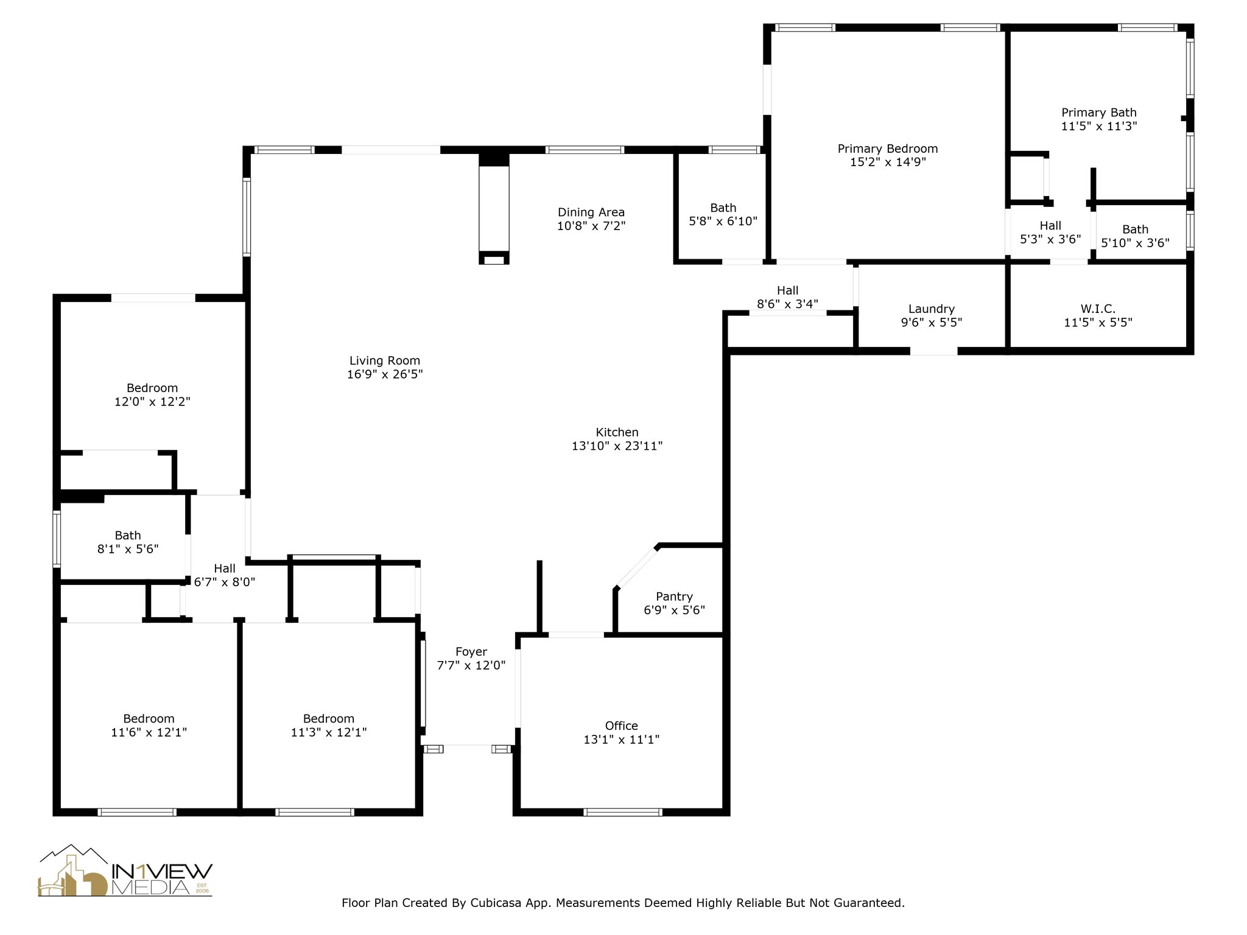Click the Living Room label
(x=384, y=360)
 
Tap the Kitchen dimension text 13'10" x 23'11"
(x=617, y=446)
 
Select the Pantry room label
(x=674, y=597)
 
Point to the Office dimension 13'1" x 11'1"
(x=621, y=740)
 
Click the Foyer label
(x=471, y=652)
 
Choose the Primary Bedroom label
(x=887, y=149)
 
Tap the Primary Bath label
(x=1098, y=113)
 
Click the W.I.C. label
(x=1098, y=309)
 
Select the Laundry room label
(x=931, y=309)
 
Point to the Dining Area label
(x=591, y=212)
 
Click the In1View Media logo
(x=125, y=871)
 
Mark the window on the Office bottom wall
(x=622, y=811)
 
